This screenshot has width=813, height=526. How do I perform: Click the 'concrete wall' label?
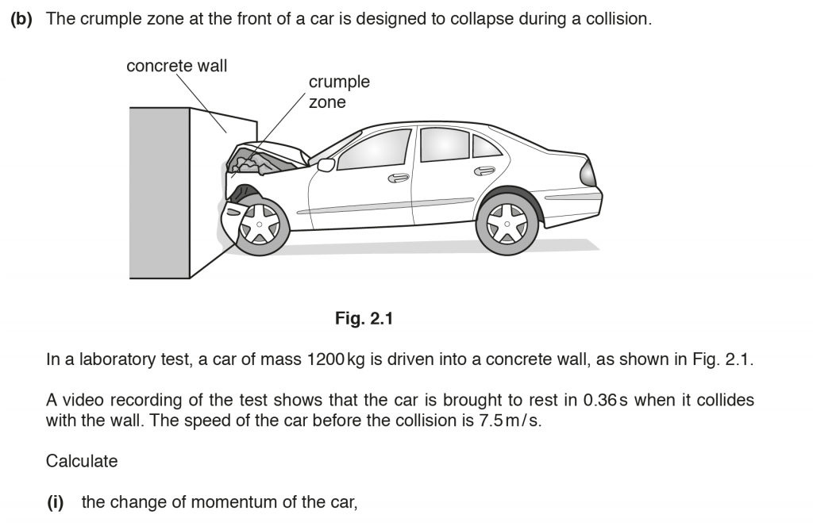[x=176, y=66]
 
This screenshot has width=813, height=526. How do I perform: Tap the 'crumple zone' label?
[x=339, y=92]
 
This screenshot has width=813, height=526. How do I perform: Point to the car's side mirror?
[x=326, y=165]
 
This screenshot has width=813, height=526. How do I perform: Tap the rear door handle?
[x=484, y=171]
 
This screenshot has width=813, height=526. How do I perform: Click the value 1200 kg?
[x=334, y=359]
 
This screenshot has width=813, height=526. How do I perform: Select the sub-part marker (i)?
[x=55, y=502]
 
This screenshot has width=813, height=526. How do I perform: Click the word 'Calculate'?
[x=82, y=461]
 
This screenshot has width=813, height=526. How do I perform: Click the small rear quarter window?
[x=484, y=147]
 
